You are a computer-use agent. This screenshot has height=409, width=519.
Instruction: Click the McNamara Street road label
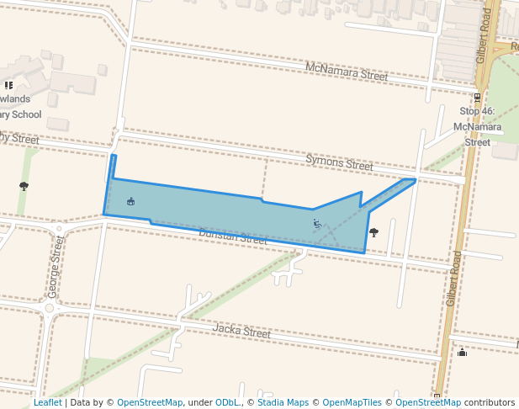point(347,72)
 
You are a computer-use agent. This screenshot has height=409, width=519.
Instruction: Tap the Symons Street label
point(339,162)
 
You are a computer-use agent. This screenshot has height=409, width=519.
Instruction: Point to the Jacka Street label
point(241,332)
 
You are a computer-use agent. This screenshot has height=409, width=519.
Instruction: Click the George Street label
point(55,278)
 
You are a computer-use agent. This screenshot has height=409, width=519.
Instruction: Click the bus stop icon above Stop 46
point(478,97)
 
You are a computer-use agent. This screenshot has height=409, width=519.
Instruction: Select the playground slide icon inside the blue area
point(317,224)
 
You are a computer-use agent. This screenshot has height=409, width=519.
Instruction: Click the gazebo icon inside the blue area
point(130,201)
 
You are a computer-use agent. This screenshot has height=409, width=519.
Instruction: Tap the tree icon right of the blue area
point(373,232)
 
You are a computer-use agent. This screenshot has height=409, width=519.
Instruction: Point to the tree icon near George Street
point(24,186)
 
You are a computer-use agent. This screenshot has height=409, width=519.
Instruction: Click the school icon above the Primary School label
point(9,85)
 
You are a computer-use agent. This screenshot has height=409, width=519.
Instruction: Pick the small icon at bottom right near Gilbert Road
point(462,352)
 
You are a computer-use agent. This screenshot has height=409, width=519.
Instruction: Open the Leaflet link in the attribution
point(47,403)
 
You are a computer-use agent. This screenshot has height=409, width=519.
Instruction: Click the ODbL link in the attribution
point(228,403)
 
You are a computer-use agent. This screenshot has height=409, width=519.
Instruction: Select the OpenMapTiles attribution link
point(352,403)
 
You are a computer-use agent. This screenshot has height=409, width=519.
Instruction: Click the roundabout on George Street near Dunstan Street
point(58,228)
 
